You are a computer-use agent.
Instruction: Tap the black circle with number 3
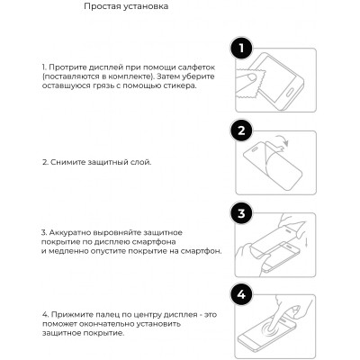[239, 214]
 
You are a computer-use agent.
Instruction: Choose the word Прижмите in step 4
[69, 316]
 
